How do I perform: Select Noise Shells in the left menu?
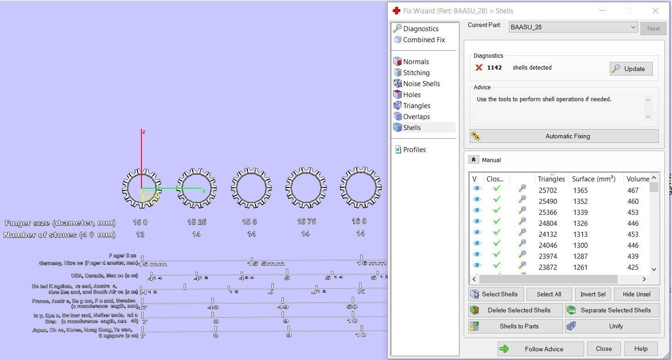pos(421,84)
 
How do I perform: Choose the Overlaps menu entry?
pos(416,117)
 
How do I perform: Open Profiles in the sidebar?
pos(414,150)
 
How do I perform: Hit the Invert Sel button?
pos(593,294)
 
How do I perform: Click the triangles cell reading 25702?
pos(550,191)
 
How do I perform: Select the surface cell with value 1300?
pos(580,245)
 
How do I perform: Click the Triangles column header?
pos(551,179)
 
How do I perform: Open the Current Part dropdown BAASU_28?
pos(573,27)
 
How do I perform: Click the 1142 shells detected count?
pos(494,68)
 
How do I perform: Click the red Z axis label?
pos(144,132)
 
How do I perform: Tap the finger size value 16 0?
pos(359,222)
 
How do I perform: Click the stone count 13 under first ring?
pos(140,235)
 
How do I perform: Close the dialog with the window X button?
pos(655,11)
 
